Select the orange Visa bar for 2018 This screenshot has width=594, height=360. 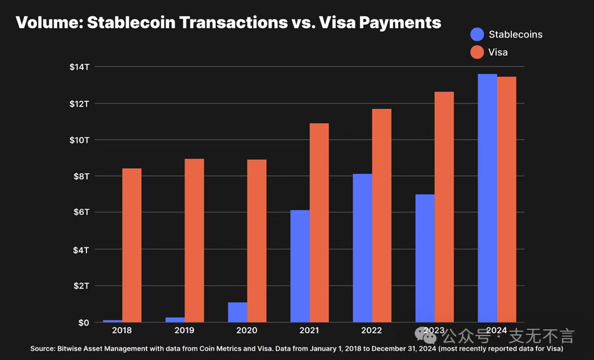pyautogui.click(x=131, y=245)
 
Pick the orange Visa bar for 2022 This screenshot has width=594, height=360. pyautogui.click(x=381, y=216)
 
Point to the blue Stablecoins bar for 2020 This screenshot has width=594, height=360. pyautogui.click(x=237, y=312)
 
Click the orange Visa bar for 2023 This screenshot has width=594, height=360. pyautogui.click(x=444, y=207)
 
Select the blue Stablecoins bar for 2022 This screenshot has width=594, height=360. pyautogui.click(x=362, y=248)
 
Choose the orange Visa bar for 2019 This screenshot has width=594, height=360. pyautogui.click(x=194, y=240)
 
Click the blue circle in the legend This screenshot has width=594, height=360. pyautogui.click(x=477, y=34)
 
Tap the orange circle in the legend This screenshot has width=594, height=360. pyautogui.click(x=477, y=52)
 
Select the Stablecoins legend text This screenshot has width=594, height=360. pyautogui.click(x=515, y=34)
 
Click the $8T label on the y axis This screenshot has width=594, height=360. pyautogui.click(x=81, y=177)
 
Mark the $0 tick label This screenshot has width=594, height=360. pyautogui.click(x=83, y=322)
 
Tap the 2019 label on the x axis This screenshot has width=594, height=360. pyautogui.click(x=185, y=331)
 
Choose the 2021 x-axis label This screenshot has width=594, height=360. pyautogui.click(x=309, y=331)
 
